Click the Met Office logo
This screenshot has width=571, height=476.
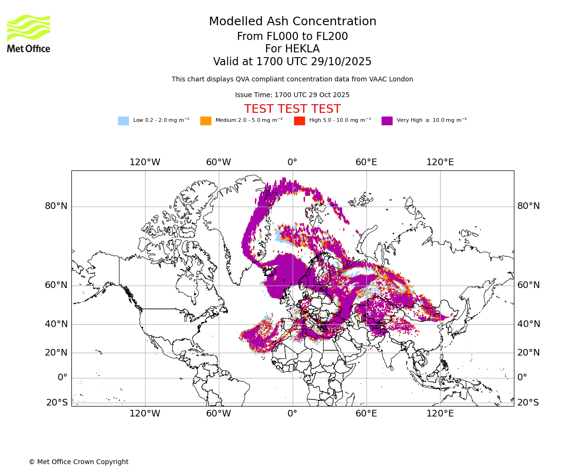29,34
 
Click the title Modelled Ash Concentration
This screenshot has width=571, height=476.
292,22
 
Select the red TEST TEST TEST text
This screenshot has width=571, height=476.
292,109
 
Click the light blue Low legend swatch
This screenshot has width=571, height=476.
123,121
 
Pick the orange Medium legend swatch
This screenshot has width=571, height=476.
206,121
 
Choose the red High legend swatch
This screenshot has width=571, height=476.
299,121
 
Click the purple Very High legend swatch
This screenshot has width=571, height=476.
387,121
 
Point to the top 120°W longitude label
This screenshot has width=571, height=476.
145,162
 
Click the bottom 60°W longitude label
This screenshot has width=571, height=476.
218,414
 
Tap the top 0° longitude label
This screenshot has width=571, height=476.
292,162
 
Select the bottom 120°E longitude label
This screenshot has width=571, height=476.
440,414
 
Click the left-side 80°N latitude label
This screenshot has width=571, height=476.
56,206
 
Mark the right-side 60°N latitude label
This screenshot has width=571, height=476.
529,285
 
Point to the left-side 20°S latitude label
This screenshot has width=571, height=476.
57,403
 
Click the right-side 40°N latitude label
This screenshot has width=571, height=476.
529,324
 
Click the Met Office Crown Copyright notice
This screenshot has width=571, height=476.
79,462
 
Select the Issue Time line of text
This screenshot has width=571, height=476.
292,95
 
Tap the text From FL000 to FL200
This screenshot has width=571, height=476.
292,37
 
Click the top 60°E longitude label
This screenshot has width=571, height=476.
366,162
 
